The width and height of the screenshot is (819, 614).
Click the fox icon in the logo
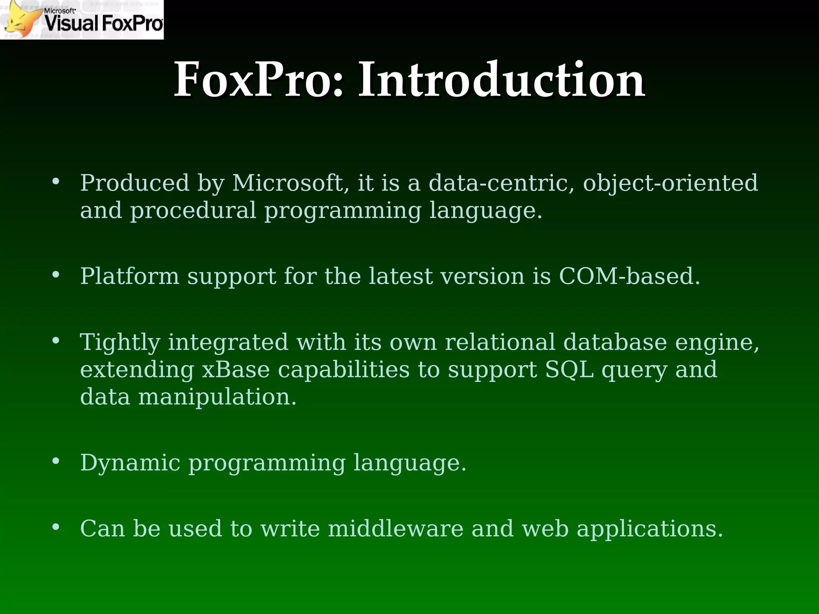point(20,20)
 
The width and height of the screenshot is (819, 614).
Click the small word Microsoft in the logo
point(60,11)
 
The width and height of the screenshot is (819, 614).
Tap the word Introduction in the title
point(501,80)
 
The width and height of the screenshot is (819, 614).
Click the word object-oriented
point(670,183)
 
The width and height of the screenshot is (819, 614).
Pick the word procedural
point(193,211)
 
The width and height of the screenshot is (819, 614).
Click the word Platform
point(130,276)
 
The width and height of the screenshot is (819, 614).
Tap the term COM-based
point(629,276)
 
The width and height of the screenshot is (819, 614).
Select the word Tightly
point(120,343)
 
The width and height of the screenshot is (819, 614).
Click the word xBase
point(236,369)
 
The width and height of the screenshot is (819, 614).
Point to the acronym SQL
point(569,369)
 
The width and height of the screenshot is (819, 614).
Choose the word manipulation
point(217,397)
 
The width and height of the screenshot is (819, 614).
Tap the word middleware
point(396,528)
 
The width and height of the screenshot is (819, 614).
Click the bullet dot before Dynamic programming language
point(56,461)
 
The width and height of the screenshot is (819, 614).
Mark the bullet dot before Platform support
point(56,275)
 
